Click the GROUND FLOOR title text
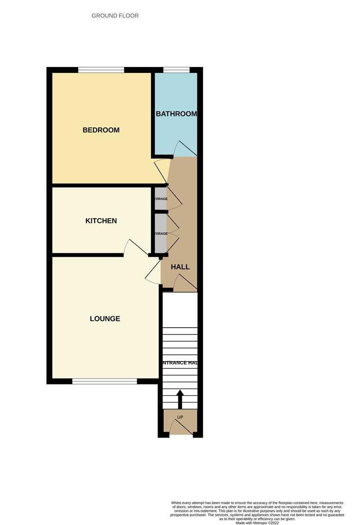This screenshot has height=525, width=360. point(115,16)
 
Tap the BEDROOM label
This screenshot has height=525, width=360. point(101,130)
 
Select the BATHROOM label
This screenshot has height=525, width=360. point(176,114)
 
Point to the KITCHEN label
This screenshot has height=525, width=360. point(101,221)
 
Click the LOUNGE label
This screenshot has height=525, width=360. point(105,319)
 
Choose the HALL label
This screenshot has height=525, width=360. point(180,267)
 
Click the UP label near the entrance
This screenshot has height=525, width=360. point(180,418)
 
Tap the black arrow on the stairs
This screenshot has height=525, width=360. point(180,399)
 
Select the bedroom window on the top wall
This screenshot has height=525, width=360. point(101,70)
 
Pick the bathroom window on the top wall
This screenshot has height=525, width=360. point(176,70)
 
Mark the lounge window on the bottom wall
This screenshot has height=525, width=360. point(104,382)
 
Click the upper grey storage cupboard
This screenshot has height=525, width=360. point(160,199)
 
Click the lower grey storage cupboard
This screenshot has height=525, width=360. point(160,233)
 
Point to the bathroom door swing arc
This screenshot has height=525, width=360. point(185,147)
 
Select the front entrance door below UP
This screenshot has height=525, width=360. point(180,428)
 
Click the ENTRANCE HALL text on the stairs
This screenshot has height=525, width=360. point(180,363)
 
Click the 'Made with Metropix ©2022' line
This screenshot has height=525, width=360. point(257,523)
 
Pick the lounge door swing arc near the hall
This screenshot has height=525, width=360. point(153,272)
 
